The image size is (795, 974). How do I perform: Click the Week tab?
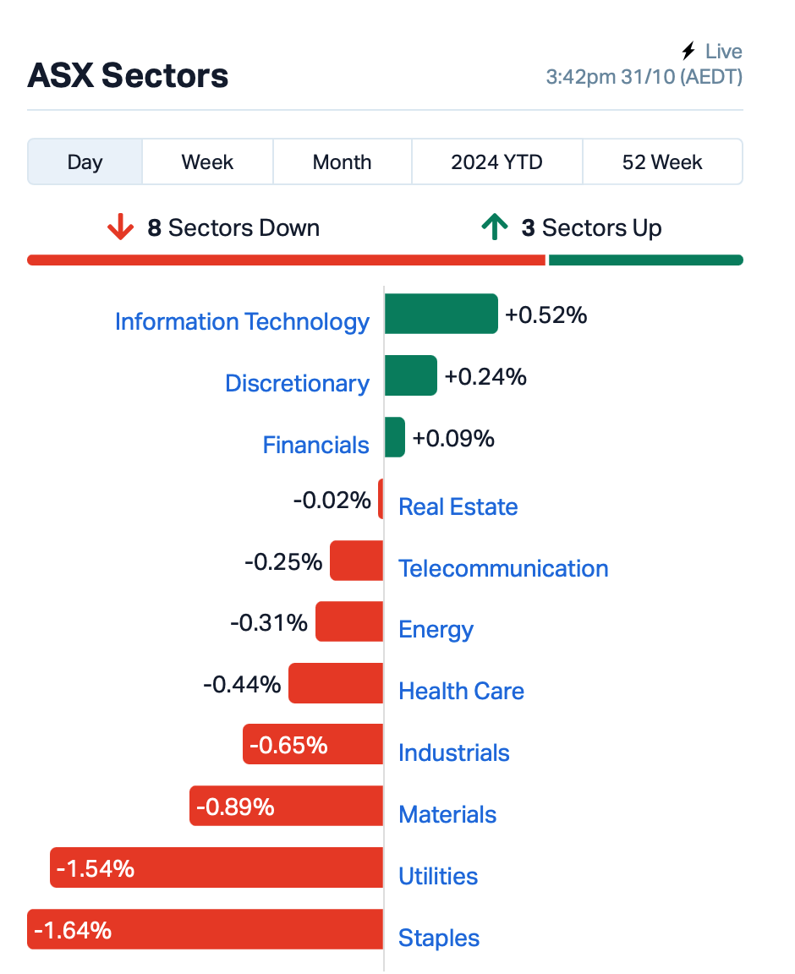207,162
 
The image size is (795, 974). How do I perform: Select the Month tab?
342,162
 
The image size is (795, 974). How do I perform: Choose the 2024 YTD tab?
496,162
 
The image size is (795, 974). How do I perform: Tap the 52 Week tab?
662,162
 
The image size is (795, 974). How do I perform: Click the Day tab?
85,162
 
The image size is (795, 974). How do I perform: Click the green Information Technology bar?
441,314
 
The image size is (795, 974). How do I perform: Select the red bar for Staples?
206,929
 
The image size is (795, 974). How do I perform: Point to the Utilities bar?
217,867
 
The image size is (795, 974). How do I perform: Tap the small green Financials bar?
395,437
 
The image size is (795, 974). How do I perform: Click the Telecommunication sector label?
503,568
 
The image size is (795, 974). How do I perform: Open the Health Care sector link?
461,692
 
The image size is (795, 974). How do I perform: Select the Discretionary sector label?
297,383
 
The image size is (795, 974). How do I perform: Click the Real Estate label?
458,507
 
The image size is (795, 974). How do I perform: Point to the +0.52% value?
546,315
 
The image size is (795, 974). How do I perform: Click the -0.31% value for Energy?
268,622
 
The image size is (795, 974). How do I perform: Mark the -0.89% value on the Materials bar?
235,807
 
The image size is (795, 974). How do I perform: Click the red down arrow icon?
121,227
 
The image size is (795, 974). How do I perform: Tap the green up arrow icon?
495,227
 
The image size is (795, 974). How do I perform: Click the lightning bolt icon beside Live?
688,51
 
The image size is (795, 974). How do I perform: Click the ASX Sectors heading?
128,76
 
